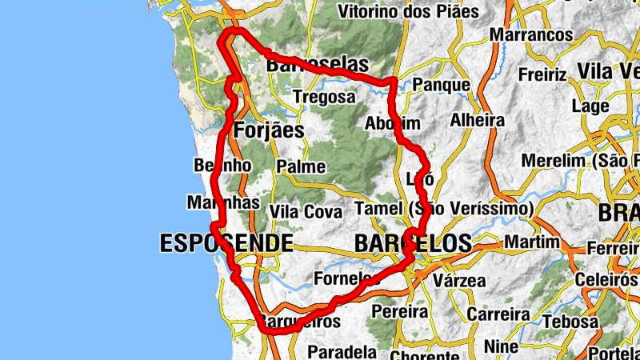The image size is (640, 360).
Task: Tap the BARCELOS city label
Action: coord(413,242)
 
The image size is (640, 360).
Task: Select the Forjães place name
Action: coord(270,130)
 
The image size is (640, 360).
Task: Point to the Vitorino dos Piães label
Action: coord(409,12)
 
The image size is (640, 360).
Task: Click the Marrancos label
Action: coord(531,35)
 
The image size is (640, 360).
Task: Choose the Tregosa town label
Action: coord(324,97)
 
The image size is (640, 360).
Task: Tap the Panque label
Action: coord(442,85)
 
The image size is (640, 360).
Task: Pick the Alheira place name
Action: coord(478,120)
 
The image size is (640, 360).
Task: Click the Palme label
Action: coord(301,167)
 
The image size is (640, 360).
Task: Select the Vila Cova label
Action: coord(306,212)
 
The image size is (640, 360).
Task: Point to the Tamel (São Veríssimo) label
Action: coord(443,209)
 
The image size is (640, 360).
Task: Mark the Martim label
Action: coord(533,242)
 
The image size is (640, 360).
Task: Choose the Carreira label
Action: coord(494,313)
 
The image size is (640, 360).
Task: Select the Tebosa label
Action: coord(571,322)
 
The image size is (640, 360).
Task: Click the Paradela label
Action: coord(342,351)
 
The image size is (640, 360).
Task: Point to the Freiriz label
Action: coord(542,75)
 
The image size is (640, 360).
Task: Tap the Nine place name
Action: coord(503,346)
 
